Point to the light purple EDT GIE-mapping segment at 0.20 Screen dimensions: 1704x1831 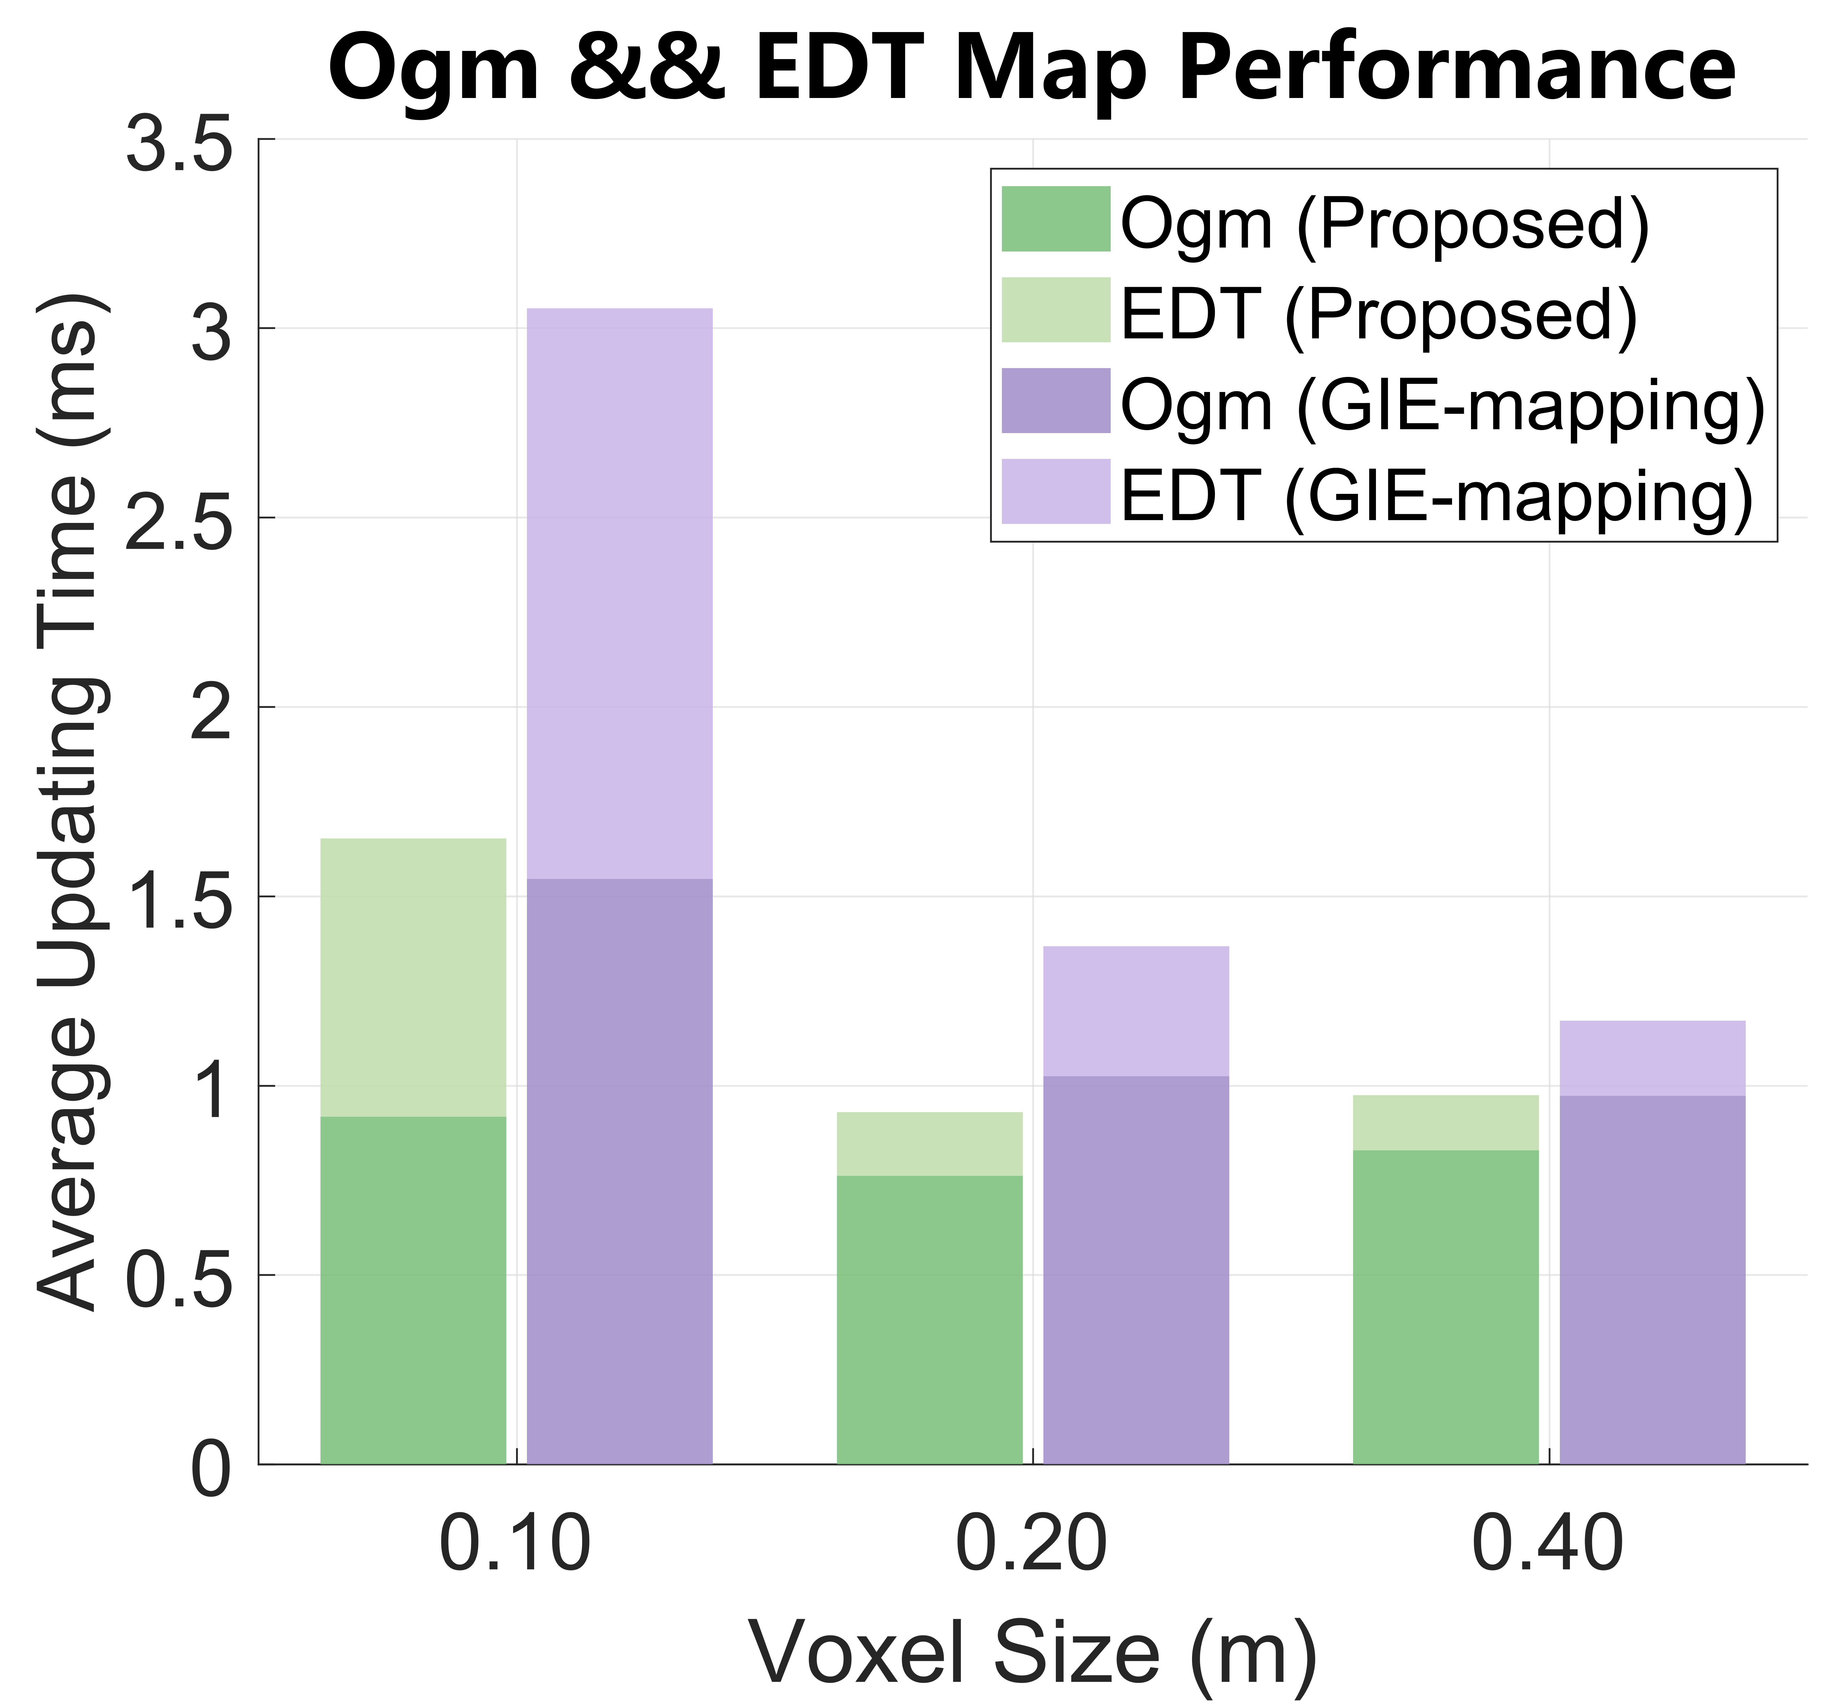(x=1136, y=1011)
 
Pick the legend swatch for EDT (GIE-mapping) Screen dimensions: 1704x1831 (x=1055, y=491)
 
